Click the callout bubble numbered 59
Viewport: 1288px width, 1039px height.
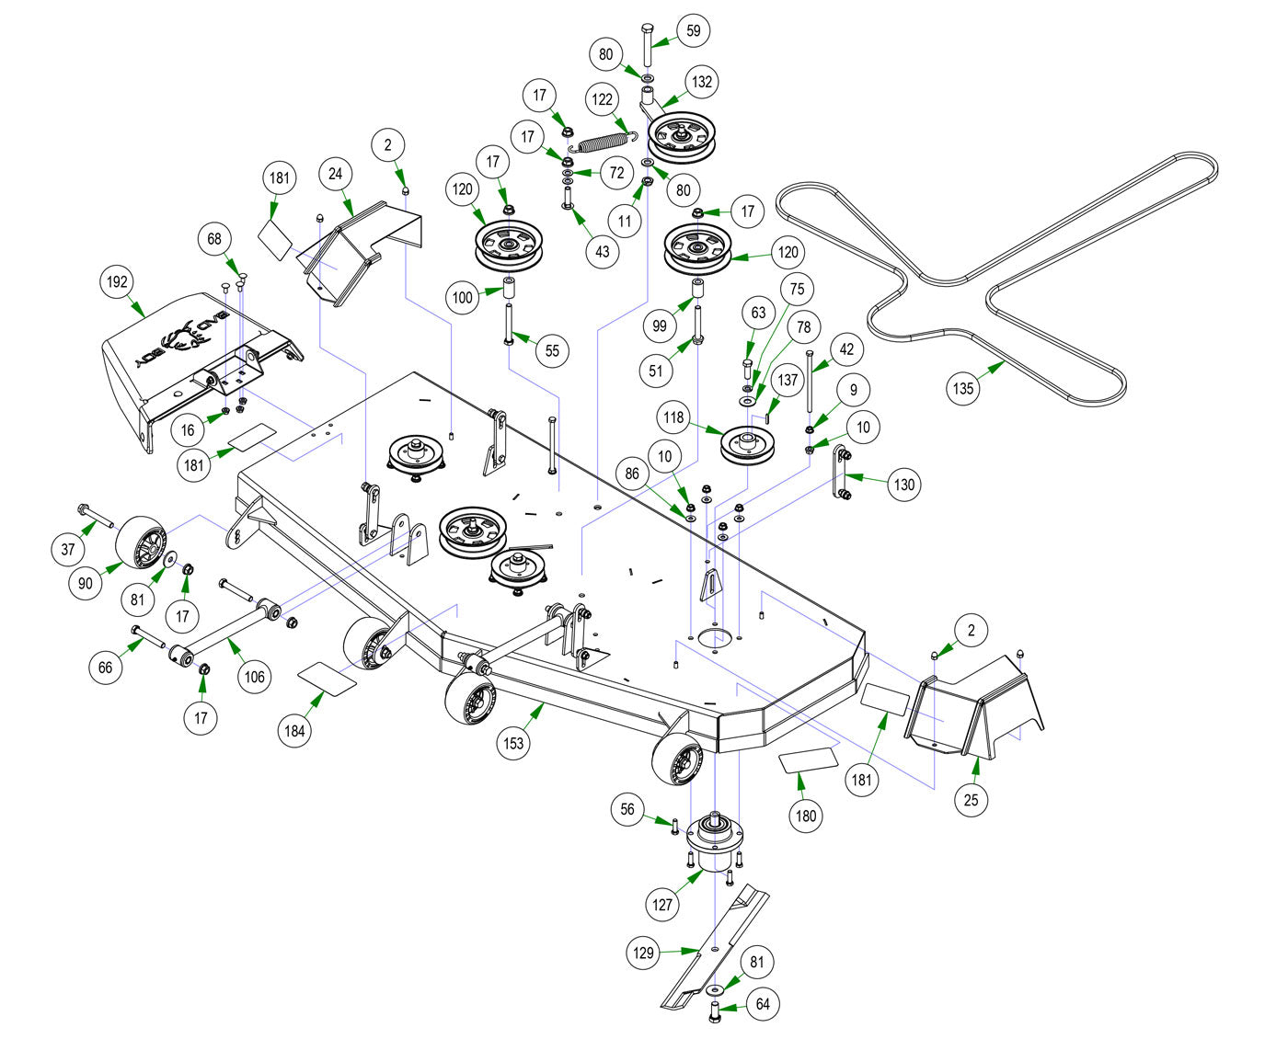[x=693, y=30]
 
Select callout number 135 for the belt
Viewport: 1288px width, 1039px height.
[x=961, y=388]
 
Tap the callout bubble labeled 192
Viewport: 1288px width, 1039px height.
[x=118, y=281]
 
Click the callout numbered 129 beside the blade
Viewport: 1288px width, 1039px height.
[x=644, y=952]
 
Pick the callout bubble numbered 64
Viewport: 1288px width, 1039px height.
[x=763, y=1003]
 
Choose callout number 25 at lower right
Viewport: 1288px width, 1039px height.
[x=971, y=800]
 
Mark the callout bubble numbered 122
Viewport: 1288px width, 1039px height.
[x=603, y=100]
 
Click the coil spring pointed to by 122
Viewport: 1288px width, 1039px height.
[x=601, y=142]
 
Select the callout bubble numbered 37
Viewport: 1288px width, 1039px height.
[x=68, y=550]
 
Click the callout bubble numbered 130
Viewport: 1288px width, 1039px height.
[x=904, y=484]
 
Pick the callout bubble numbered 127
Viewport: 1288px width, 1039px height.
[x=662, y=904]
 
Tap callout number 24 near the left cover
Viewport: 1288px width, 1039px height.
[x=336, y=173]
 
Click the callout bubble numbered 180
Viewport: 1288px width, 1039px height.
[x=806, y=816]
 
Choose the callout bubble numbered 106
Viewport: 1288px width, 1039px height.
[x=255, y=677]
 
